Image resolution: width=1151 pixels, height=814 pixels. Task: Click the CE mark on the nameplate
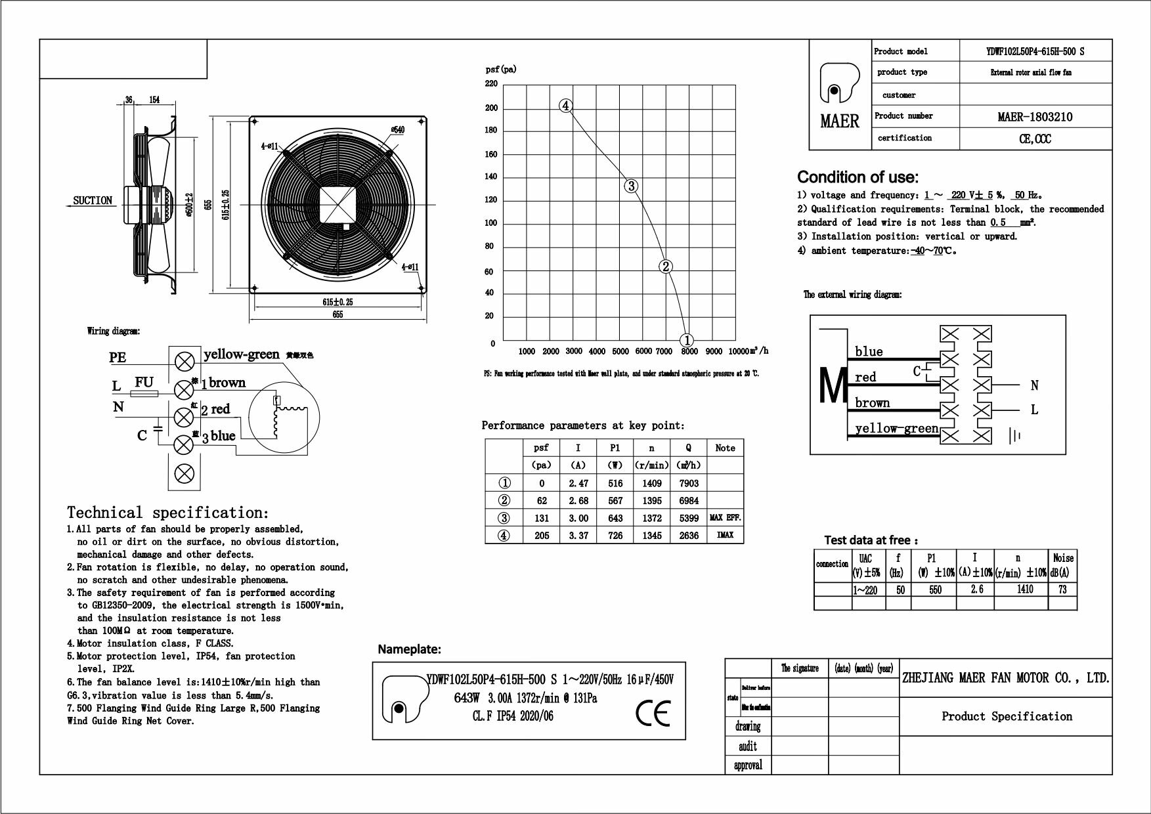[x=653, y=713]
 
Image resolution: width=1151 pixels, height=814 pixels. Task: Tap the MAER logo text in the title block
[x=839, y=121]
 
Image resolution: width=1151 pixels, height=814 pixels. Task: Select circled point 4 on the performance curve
[x=566, y=106]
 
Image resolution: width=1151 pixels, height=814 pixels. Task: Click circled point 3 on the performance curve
[x=631, y=186]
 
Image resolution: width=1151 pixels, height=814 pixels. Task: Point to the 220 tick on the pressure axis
[x=491, y=84]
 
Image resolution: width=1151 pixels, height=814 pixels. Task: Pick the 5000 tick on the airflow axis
[x=620, y=352]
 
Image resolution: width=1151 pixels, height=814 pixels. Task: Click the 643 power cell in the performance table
[x=615, y=518]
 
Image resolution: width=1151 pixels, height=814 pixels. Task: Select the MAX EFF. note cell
[x=725, y=518]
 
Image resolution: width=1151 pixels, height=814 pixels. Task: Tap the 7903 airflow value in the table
[x=689, y=483]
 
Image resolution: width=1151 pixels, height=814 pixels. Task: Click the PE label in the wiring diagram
[x=118, y=358]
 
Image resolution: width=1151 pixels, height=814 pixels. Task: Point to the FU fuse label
[x=144, y=382]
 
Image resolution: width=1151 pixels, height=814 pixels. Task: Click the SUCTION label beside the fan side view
[x=93, y=200]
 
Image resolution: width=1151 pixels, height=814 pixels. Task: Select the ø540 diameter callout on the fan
[x=397, y=130]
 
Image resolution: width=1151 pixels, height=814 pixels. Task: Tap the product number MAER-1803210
[x=1035, y=117]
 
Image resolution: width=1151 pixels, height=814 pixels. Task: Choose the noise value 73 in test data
[x=1062, y=589]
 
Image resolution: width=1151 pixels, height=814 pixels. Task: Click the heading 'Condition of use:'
[x=858, y=177]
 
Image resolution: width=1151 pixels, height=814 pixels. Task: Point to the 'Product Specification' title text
[x=1007, y=716]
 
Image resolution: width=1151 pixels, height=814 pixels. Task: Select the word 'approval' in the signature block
[x=748, y=765]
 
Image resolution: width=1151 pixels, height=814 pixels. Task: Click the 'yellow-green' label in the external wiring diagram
[x=896, y=429]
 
